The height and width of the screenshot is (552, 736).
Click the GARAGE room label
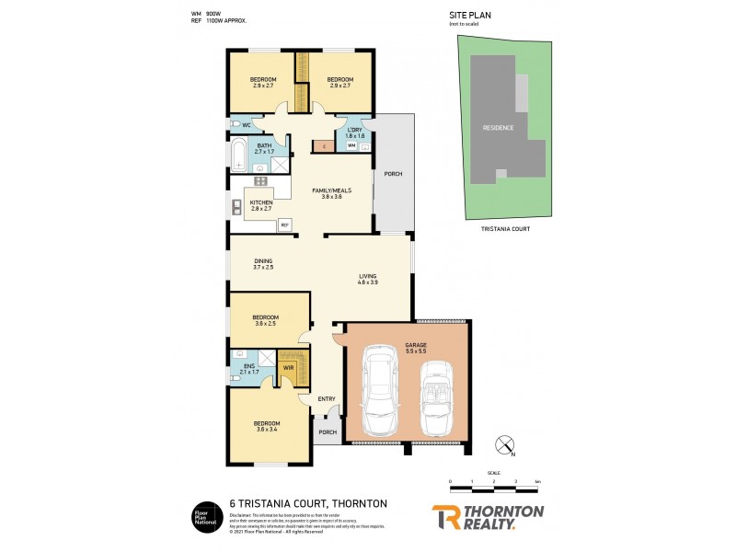[x=416, y=350]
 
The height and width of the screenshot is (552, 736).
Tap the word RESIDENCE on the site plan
[x=500, y=127]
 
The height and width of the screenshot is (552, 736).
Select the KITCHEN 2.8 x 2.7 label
[x=261, y=205]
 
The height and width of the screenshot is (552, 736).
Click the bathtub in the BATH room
[x=238, y=155]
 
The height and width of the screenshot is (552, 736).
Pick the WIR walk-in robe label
[x=288, y=368]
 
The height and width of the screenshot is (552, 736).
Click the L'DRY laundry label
[x=354, y=132]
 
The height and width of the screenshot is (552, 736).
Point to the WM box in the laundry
[x=351, y=145]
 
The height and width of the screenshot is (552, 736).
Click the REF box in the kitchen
[x=284, y=224]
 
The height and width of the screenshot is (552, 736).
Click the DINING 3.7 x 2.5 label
[x=264, y=263]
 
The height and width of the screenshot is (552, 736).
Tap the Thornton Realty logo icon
[x=445, y=516]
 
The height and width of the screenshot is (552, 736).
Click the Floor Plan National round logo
[x=203, y=516]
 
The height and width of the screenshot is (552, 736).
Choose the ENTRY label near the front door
[x=326, y=398]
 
